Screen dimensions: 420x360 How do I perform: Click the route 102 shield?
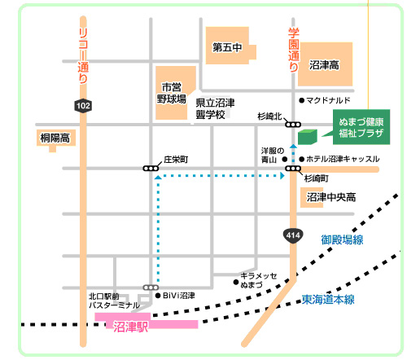[x=83, y=105]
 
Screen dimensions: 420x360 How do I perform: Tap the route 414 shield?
[x=293, y=235]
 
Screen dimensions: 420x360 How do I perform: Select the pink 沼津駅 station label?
[x=130, y=327]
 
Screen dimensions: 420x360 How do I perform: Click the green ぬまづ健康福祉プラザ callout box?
[x=361, y=127]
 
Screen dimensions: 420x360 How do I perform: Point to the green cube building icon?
[x=308, y=137]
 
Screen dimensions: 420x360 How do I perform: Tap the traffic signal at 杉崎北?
[x=293, y=125]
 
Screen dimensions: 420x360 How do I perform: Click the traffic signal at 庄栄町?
[x=151, y=169]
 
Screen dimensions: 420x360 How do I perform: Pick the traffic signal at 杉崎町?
[x=293, y=169]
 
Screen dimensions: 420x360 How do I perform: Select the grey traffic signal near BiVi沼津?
[x=151, y=288]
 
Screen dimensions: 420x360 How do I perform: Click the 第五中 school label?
[x=227, y=48]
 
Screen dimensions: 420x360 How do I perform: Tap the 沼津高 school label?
[x=324, y=65]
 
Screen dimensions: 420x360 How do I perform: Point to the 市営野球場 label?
[x=172, y=93]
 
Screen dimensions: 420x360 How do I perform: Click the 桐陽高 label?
[x=55, y=138]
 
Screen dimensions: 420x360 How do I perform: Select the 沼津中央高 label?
[x=331, y=197]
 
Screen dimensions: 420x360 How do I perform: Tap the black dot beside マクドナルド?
[x=301, y=100]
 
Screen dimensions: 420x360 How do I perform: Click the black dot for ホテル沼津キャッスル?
[x=301, y=159]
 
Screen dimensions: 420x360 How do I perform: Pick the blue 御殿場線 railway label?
[x=342, y=239]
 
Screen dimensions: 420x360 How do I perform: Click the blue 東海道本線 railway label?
[x=328, y=300]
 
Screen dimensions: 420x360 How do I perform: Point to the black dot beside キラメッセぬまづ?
[x=236, y=282]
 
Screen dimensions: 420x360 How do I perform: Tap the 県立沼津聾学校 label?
[x=215, y=108]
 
